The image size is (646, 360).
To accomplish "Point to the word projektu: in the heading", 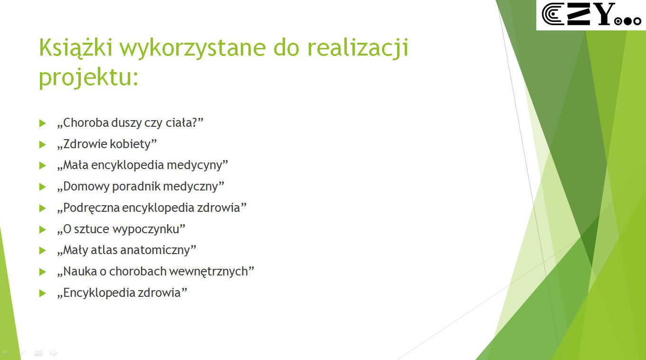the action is point(88,78).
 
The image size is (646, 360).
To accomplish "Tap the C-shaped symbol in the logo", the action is point(552,14).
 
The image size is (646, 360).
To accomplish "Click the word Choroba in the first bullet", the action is point(85,123).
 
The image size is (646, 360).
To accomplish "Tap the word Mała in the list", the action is point(76,165).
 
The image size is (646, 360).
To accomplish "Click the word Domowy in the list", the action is point(86,186).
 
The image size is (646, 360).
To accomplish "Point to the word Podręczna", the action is point(91,208).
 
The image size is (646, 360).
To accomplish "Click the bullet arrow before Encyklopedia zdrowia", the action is point(42,293).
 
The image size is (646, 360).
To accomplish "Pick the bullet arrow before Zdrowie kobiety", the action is point(42,144).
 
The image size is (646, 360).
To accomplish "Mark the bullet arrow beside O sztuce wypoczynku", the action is point(42,229).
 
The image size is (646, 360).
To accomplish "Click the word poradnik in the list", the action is point(136,186).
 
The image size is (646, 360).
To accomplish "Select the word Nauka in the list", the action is point(80,271).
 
